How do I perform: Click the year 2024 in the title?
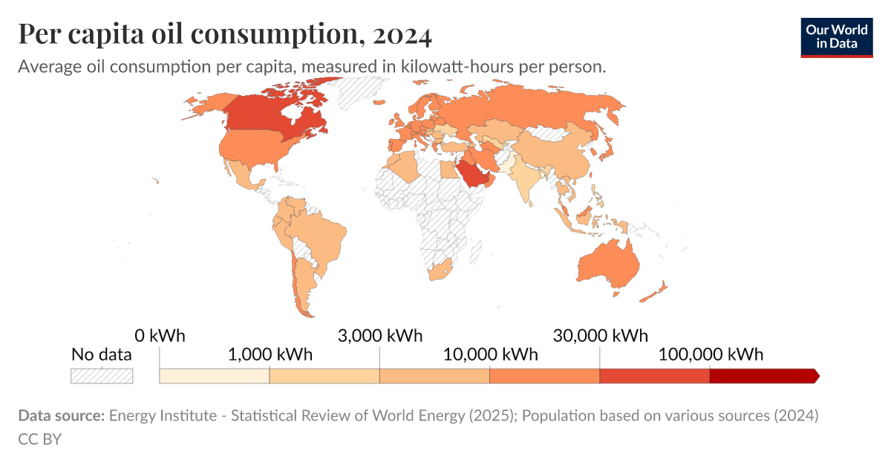coord(402,34)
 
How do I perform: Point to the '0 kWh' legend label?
coord(160,335)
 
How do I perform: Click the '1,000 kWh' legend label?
coord(270,354)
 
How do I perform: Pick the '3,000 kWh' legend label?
coord(379,335)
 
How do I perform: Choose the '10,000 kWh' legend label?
coord(490,354)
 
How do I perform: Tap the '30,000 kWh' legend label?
coord(600,335)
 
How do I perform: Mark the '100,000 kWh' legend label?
coord(710,354)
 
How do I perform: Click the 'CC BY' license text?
coord(39,439)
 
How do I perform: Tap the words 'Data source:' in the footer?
coord(61,415)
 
